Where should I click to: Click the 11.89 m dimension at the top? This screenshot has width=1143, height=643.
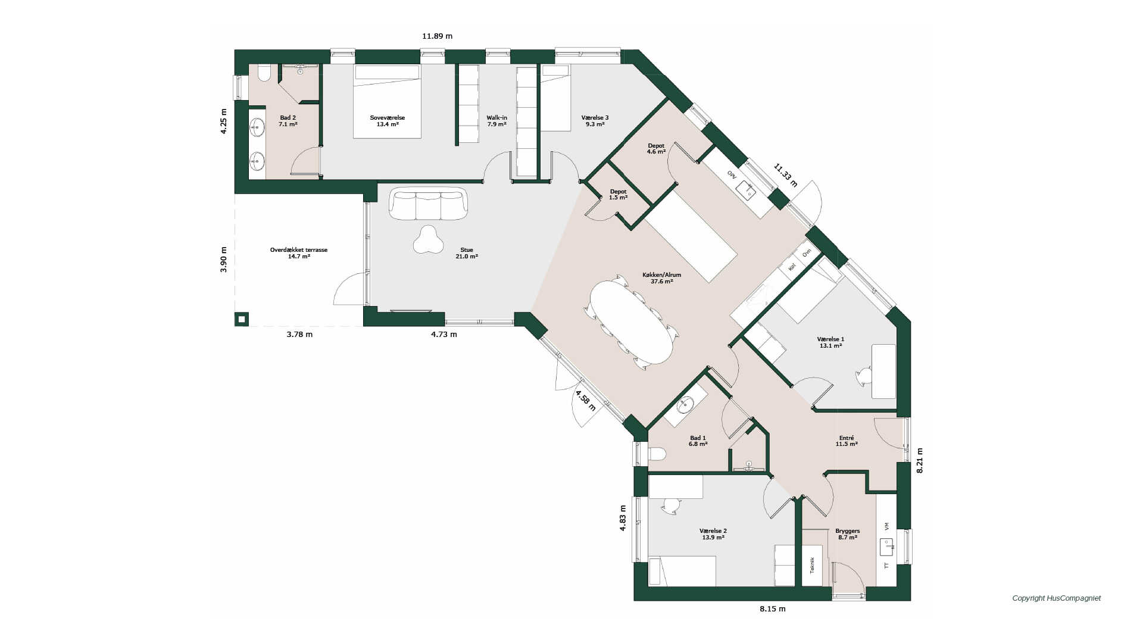[437, 36]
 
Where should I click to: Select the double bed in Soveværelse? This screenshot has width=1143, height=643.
[387, 101]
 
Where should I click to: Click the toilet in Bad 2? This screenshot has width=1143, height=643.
[264, 73]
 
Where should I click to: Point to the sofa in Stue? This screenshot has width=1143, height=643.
[428, 204]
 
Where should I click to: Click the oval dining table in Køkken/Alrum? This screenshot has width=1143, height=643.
[631, 321]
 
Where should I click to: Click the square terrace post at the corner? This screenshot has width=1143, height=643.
[242, 319]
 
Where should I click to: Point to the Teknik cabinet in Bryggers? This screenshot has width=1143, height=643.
[812, 566]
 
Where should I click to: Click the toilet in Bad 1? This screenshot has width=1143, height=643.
[657, 454]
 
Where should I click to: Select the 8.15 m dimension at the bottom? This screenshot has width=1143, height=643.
[772, 609]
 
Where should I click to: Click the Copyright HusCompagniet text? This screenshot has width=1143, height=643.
[1056, 598]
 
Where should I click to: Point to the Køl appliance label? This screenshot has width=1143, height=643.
[792, 267]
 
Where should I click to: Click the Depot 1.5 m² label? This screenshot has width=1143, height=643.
[618, 195]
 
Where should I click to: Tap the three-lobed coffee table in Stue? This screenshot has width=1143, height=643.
[428, 239]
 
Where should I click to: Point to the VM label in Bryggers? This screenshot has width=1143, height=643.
[886, 526]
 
